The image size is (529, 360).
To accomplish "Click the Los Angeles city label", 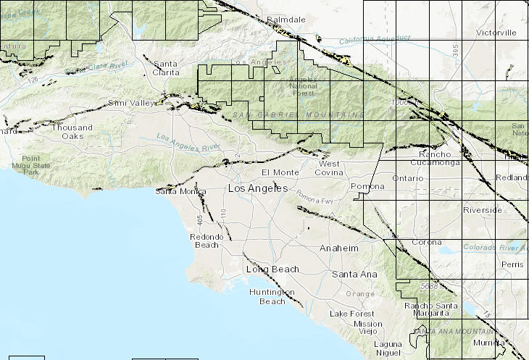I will tap(257, 188).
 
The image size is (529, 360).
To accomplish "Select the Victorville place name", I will tap(496, 33).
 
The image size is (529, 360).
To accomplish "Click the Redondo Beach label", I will tap(204, 241).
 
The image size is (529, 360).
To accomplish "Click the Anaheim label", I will tap(340, 248).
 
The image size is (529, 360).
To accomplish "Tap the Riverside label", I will tap(483, 210).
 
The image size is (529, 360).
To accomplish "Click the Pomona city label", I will tap(367, 186).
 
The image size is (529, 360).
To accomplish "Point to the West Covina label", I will tap(335, 168).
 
